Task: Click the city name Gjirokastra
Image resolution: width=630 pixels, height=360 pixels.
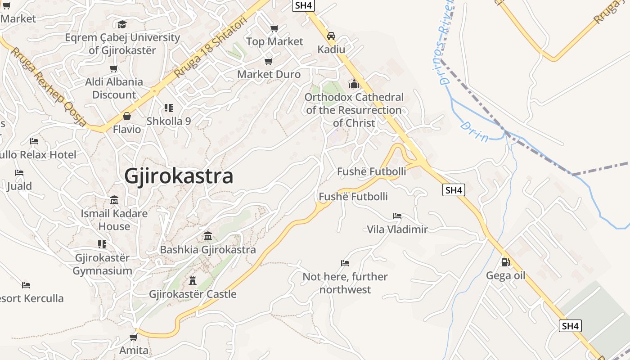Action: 179,176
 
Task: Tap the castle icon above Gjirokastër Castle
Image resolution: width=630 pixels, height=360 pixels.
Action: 193,281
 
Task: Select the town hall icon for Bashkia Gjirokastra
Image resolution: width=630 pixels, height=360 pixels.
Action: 207,236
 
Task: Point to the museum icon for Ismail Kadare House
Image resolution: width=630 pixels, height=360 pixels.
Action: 114,200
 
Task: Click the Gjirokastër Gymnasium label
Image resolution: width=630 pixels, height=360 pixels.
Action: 103,265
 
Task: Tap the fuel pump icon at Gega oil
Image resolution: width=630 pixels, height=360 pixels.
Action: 505,262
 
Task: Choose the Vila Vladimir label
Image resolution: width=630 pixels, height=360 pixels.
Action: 397,229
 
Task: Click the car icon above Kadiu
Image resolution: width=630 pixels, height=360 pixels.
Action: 331,36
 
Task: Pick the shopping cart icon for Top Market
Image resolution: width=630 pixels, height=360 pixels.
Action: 274,28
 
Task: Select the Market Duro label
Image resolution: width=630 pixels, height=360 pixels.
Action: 269,74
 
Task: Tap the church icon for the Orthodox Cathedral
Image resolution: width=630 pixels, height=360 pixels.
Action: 354,84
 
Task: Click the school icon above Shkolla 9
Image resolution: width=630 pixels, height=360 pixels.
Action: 169,108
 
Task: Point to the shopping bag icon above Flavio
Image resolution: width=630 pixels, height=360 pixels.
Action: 127,116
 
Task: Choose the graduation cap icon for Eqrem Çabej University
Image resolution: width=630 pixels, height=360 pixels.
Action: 122,24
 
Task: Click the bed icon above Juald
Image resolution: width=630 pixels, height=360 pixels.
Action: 19,173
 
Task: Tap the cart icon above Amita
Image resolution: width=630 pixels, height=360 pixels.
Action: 133,337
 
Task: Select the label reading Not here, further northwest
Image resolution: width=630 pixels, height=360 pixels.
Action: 345,283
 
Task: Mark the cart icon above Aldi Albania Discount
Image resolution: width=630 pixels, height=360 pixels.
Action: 114,69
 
